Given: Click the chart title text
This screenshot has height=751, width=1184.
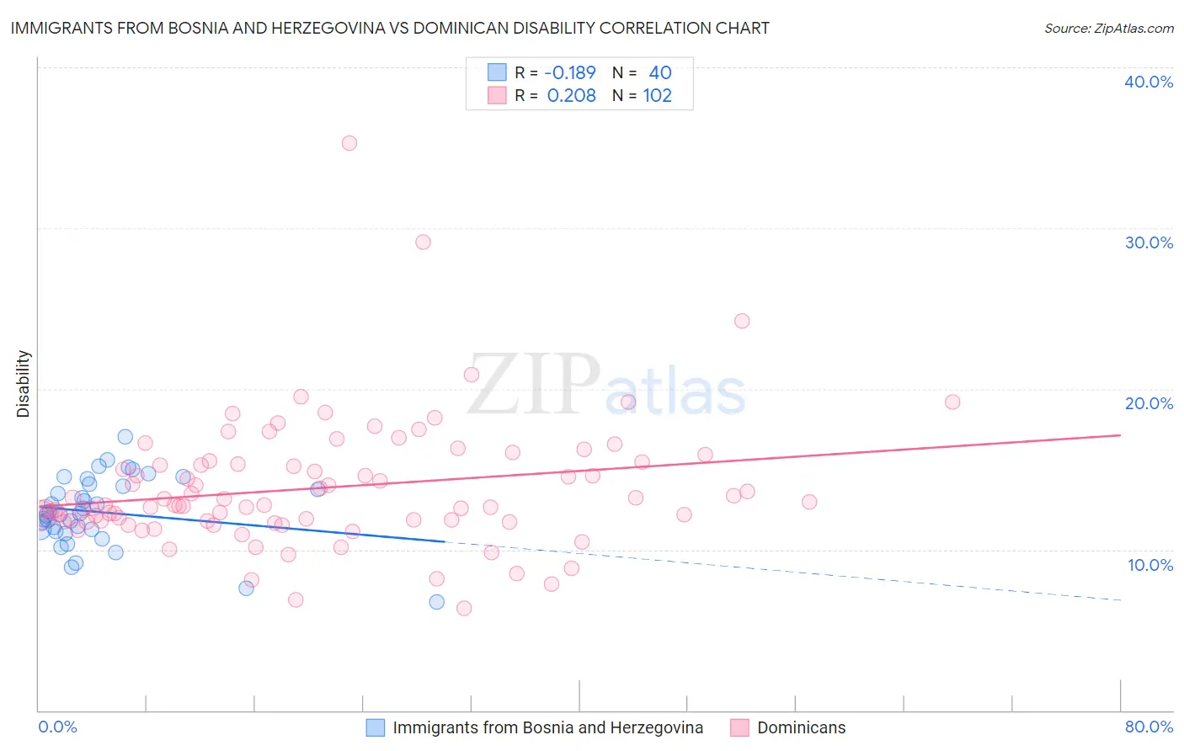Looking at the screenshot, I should point(390,28).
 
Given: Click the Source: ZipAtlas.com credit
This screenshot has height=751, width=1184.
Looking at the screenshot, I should point(1108,28).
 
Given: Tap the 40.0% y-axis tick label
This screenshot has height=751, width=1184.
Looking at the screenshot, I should point(1149,82).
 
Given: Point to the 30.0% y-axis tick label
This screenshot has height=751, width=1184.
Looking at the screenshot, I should point(1149,242).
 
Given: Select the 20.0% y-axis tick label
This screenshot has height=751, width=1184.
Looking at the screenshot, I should point(1149,403).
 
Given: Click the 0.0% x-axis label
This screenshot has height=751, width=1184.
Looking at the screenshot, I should point(57,727).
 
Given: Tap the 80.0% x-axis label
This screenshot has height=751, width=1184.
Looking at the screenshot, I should point(1149,727).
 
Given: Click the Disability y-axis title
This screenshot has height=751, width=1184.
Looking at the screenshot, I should point(24,384).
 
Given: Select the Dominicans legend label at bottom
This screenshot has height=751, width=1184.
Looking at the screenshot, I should point(801,727).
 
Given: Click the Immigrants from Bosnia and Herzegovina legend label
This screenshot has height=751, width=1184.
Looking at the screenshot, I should point(547,727).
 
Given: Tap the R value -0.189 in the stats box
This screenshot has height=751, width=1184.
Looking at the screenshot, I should point(570,72).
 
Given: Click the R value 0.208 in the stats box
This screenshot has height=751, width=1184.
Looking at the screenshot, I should point(572,95).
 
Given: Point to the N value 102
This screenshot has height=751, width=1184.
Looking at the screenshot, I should point(658,95).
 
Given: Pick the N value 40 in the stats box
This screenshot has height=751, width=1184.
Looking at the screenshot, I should point(660,72).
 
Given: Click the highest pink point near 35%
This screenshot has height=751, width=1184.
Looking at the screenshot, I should point(349,143).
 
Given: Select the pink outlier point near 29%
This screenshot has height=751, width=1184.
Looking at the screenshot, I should point(423,242).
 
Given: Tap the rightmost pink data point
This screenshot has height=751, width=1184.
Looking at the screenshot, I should point(952,402).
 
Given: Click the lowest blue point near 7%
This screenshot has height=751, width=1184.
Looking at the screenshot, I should point(436,602).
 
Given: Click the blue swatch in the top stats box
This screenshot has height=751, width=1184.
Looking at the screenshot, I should point(497,72).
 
